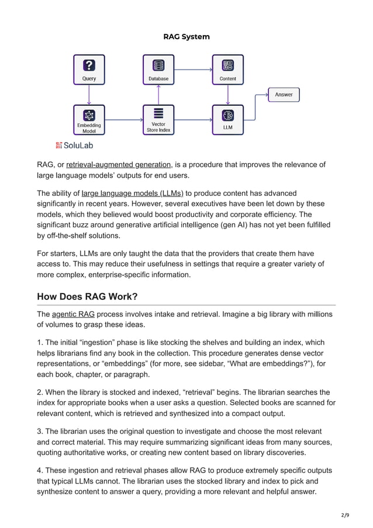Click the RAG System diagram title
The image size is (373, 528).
186,37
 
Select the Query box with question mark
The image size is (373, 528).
89,70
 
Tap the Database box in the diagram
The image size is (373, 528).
158,70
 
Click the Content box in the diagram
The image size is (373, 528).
227,70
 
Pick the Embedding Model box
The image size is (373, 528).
89,119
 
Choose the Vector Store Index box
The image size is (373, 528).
158,119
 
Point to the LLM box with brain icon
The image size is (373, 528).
227,119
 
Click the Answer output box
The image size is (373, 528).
284,95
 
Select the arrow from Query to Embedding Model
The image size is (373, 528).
89,95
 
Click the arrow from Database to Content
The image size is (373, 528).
192,70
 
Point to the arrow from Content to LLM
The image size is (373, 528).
227,95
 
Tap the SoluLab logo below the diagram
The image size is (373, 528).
74,145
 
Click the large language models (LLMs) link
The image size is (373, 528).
132,193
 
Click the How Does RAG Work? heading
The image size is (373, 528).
87,296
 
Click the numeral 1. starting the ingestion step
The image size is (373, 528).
40,343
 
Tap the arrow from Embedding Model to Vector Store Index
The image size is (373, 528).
123,120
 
